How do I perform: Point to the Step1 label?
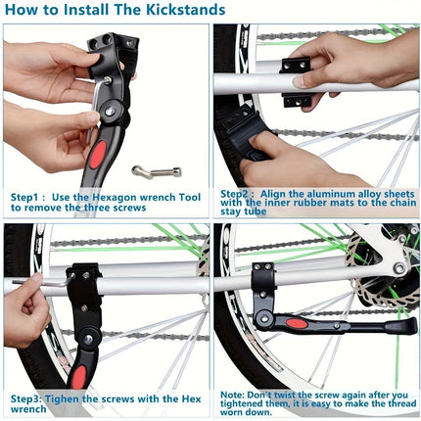[x=30, y=197]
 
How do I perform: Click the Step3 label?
[x=29, y=398]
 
